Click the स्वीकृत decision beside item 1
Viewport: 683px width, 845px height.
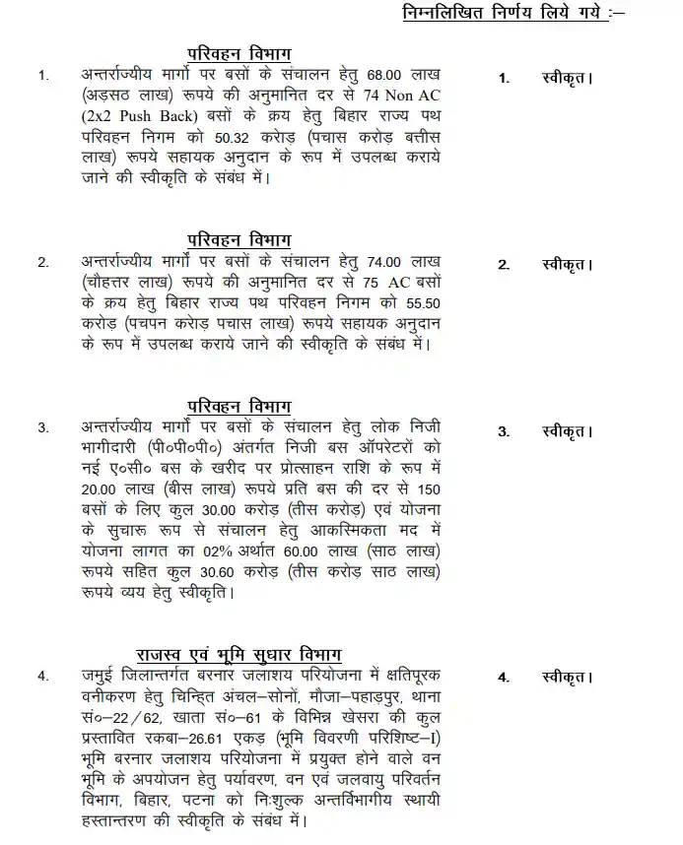(x=566, y=77)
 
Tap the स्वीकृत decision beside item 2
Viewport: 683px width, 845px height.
(x=566, y=265)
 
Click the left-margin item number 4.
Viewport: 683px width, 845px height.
(x=42, y=677)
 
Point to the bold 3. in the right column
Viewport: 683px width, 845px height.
(x=504, y=432)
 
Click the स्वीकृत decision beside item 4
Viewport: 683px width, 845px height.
(x=566, y=678)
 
